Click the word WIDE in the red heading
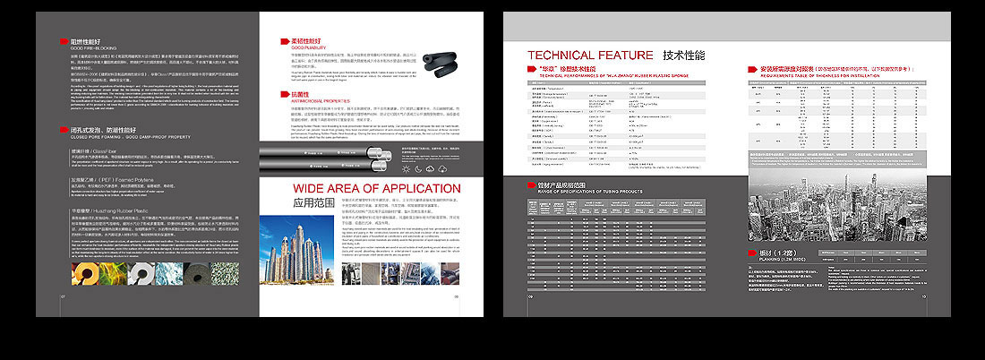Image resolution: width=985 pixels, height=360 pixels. coord(318,188)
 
